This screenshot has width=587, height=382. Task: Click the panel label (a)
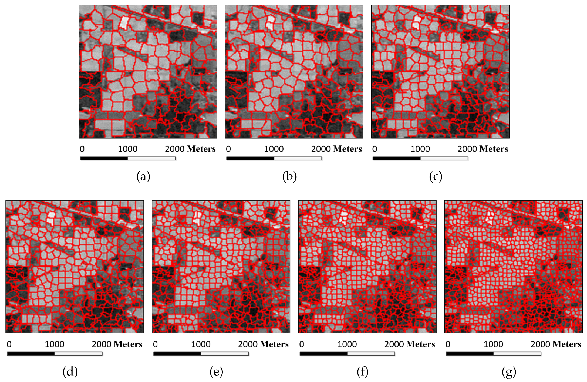pos(143,177)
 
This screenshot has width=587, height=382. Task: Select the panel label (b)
pos(289,177)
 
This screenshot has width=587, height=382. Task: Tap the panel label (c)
pos(436,177)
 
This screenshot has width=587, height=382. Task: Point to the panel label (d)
pos(70,372)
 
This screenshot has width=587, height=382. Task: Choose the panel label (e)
pos(216,372)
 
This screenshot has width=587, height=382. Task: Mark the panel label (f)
pos(362,372)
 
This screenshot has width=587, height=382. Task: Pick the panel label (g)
pos(509,372)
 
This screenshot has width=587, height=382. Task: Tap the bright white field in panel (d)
pos(51,218)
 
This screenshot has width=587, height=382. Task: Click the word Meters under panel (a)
pos(201,149)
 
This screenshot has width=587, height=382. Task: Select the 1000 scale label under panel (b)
pos(274,149)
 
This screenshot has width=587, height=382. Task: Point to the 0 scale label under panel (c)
pos(375,149)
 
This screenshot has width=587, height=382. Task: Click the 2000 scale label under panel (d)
pos(102,344)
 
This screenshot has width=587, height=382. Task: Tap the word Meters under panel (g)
pos(567,344)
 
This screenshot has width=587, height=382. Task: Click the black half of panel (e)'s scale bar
pos(177,354)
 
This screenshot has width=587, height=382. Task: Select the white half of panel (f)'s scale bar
pos(371,354)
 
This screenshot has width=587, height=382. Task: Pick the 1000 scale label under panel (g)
pos(493,344)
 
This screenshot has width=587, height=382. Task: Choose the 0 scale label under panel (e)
pos(155,344)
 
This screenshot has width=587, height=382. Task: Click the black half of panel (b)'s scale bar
pos(250,158)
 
